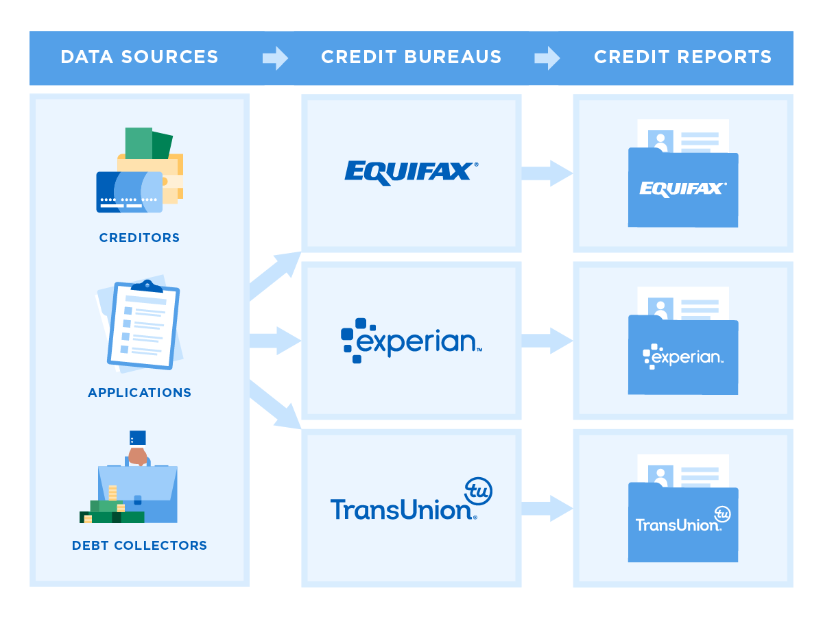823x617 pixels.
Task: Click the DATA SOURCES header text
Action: [x=139, y=57]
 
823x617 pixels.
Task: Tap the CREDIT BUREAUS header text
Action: [x=411, y=57]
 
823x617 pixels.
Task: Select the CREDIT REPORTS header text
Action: [x=682, y=57]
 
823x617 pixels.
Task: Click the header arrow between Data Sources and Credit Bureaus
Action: [x=275, y=58]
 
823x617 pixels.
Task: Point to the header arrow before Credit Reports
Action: [x=547, y=58]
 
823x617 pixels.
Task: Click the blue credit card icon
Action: [x=129, y=192]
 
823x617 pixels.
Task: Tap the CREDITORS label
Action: [x=139, y=238]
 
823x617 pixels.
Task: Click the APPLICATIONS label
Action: [x=139, y=393]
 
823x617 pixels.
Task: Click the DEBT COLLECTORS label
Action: [x=139, y=546]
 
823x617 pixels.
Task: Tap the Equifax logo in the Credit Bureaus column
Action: [x=411, y=171]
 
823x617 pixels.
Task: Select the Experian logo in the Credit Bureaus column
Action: [x=411, y=340]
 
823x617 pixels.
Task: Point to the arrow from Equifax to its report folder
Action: [x=547, y=173]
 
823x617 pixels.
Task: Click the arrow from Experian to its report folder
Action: [x=547, y=341]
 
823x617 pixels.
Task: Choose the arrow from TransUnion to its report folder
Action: [x=547, y=508]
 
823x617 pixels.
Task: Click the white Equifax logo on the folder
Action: [x=682, y=189]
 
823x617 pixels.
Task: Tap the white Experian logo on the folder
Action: [x=682, y=356]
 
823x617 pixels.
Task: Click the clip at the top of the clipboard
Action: [x=147, y=285]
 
